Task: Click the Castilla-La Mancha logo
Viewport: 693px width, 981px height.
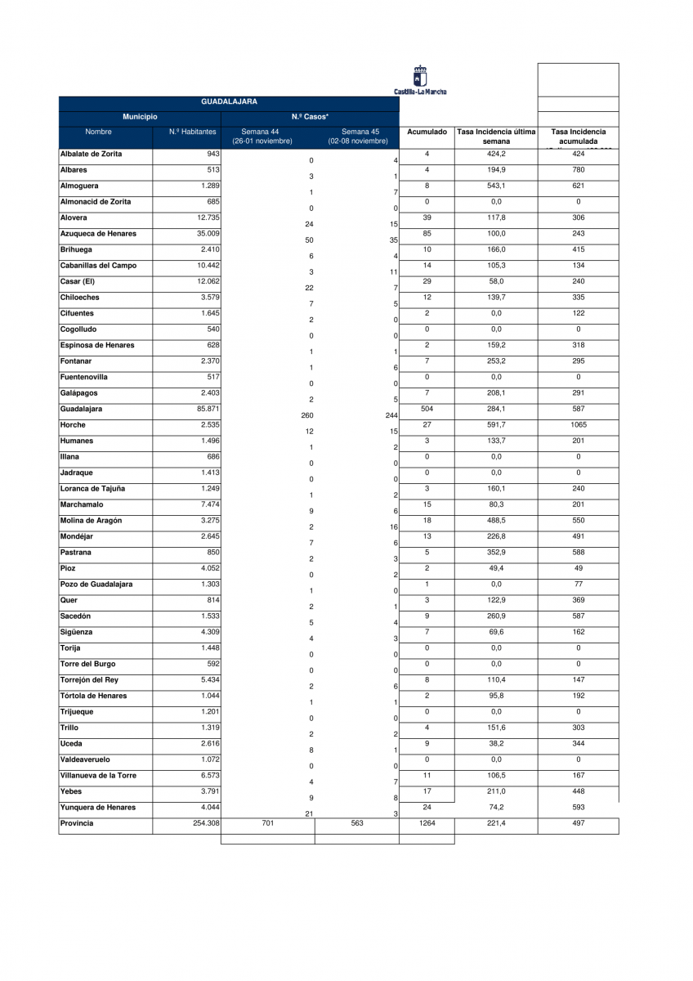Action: pyautogui.click(x=420, y=80)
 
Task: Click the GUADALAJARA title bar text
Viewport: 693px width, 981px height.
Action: pyautogui.click(x=229, y=102)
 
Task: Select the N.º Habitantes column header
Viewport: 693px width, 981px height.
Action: pyautogui.click(x=193, y=132)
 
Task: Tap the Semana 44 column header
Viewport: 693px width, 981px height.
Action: pyautogui.click(x=262, y=137)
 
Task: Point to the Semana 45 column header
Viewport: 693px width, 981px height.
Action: pyautogui.click(x=358, y=137)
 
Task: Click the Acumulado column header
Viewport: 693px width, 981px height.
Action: pyautogui.click(x=427, y=132)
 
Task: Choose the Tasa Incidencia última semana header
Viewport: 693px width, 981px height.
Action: pyautogui.click(x=496, y=137)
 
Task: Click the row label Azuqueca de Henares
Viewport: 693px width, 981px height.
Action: pyautogui.click(x=98, y=234)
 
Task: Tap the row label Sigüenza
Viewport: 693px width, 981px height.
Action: pyautogui.click(x=76, y=632)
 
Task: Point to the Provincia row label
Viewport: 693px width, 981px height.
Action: pyautogui.click(x=77, y=823)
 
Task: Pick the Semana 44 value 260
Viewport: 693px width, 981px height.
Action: pyautogui.click(x=307, y=415)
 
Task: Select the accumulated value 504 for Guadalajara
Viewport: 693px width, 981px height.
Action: pyautogui.click(x=427, y=409)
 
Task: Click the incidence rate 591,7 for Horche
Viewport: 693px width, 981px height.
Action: pyautogui.click(x=496, y=425)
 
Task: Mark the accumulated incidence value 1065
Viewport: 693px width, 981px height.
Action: pyautogui.click(x=578, y=425)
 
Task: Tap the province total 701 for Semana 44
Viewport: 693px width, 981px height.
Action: pyautogui.click(x=267, y=823)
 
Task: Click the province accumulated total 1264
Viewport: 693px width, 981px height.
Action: pyautogui.click(x=427, y=823)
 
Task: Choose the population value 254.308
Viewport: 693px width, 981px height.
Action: pyautogui.click(x=203, y=823)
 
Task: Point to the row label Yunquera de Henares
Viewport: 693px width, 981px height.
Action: pyautogui.click(x=98, y=808)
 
